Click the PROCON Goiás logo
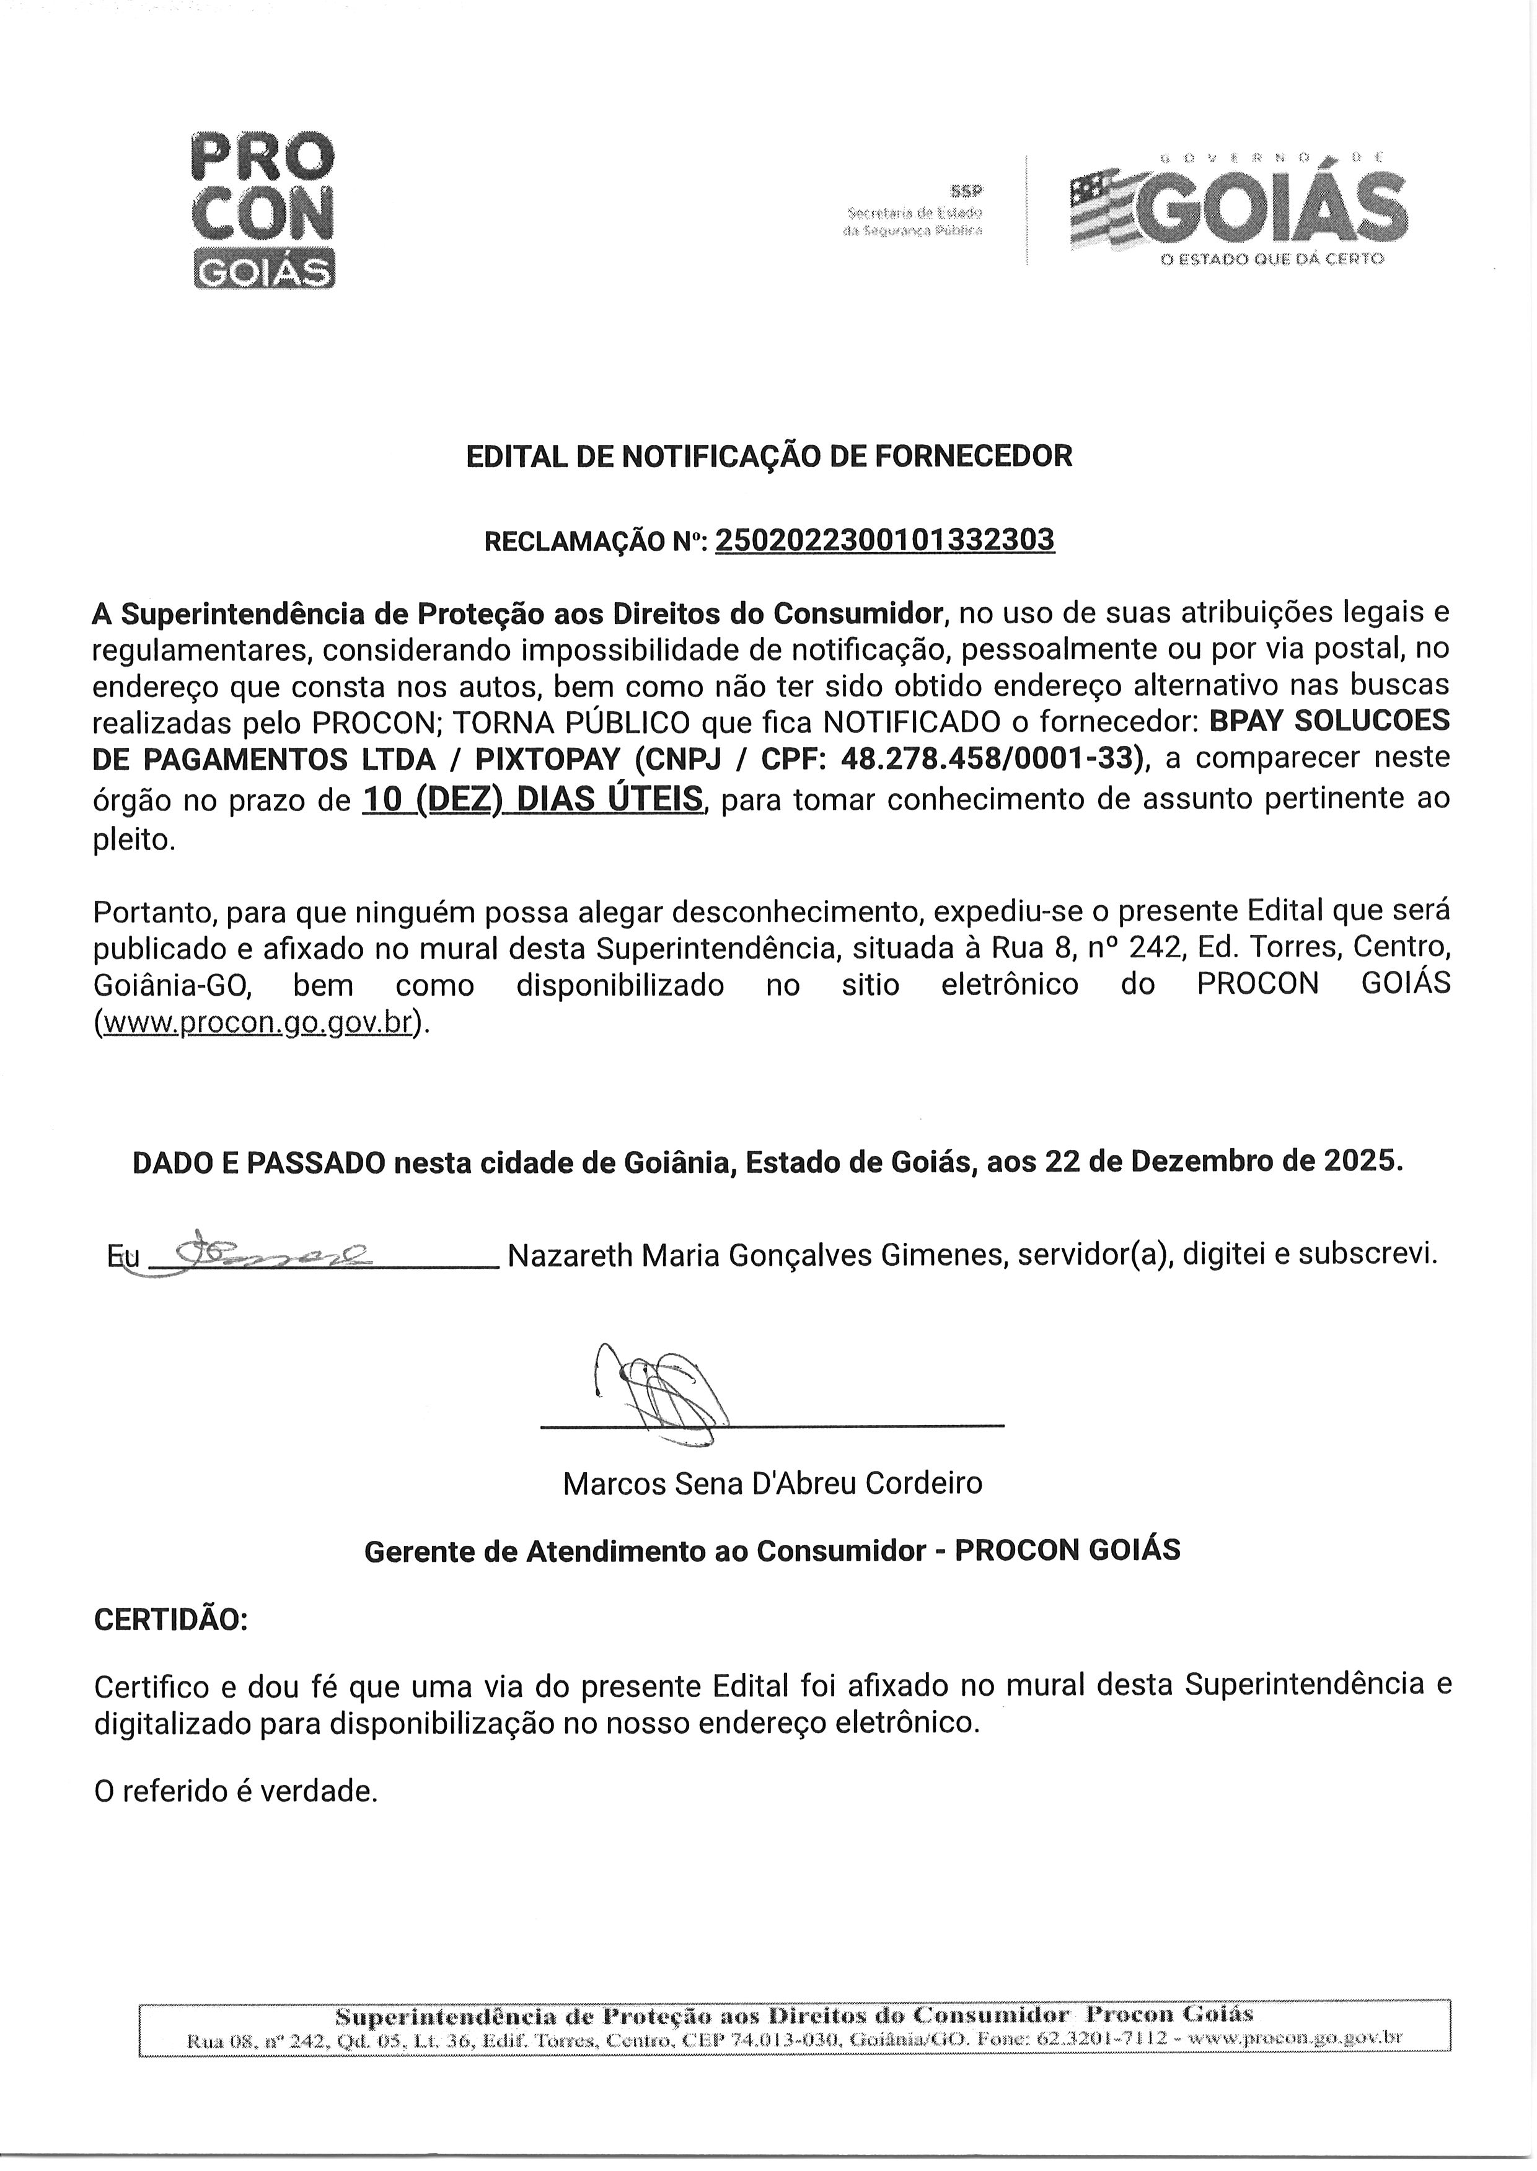coord(263,209)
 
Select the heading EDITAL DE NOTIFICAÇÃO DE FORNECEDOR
coord(768,457)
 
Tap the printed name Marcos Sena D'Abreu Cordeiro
coord(772,1482)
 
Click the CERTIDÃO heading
coord(170,1620)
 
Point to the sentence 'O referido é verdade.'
coord(236,1791)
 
